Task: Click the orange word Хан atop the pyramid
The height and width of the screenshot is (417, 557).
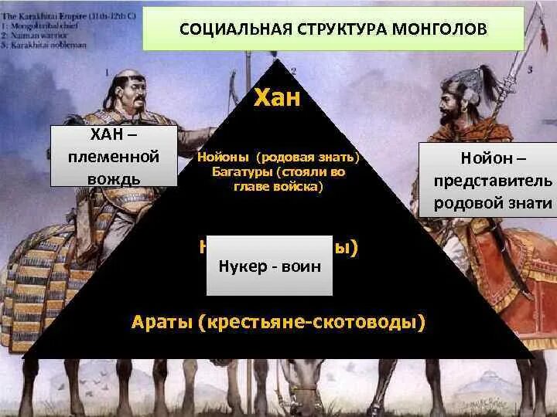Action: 278,99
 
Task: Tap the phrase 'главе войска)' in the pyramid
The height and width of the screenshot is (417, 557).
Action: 277,186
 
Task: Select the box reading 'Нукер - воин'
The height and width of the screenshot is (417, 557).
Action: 269,266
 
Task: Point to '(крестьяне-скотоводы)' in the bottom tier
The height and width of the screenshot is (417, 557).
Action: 312,320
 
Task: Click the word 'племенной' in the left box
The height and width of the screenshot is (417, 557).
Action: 114,157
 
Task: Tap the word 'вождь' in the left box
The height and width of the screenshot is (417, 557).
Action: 114,178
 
